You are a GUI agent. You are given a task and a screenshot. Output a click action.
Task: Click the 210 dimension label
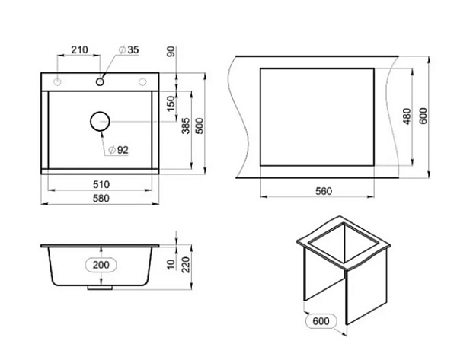coord(80,50)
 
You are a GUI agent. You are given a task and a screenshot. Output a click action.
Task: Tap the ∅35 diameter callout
coord(127,50)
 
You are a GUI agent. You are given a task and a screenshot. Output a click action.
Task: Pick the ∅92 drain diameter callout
coord(117,149)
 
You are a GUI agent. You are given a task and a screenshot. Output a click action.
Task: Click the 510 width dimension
coord(101,184)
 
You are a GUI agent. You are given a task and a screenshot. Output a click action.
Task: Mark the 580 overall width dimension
coord(101,199)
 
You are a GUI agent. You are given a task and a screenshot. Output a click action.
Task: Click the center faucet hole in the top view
coord(100,81)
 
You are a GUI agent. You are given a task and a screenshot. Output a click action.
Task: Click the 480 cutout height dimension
coord(407,116)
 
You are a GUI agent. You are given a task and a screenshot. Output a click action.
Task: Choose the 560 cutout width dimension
coord(324,191)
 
